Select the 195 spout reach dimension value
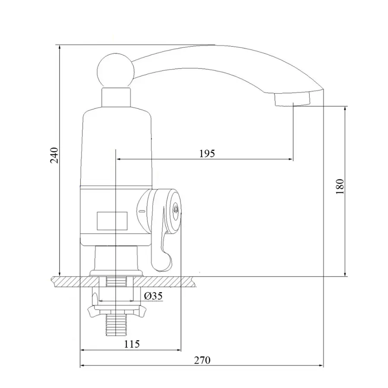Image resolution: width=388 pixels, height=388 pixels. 207,153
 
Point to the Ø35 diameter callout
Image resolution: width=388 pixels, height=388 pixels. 153,296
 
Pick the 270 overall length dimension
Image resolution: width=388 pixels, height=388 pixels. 202,360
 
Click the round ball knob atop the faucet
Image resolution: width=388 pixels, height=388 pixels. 113,69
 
